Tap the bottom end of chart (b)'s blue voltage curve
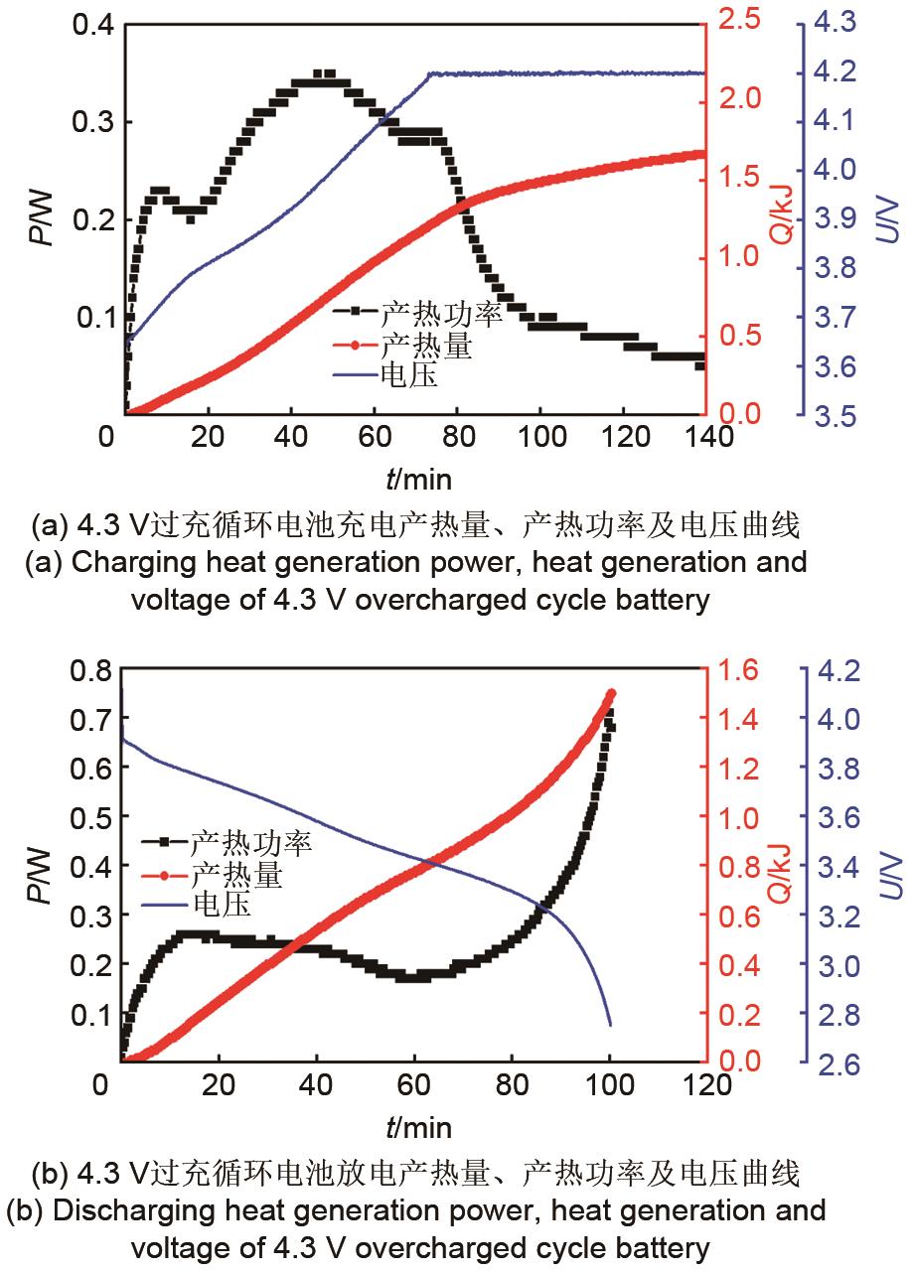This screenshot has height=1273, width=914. click(x=610, y=1024)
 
